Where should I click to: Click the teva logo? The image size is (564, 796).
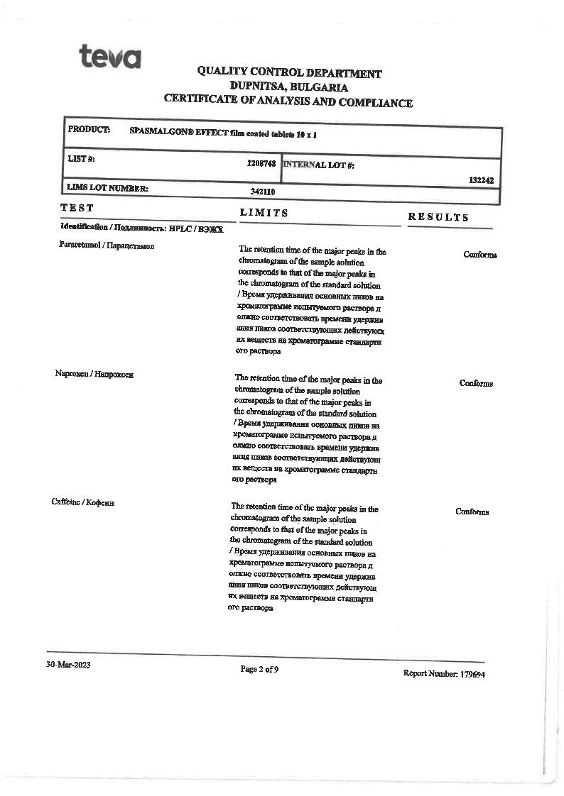[x=110, y=56]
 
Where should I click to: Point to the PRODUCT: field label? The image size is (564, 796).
[x=89, y=129]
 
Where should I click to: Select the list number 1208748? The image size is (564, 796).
[x=261, y=163]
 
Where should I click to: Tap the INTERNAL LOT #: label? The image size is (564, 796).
[x=319, y=165]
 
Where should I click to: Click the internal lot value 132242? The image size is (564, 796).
[x=481, y=180]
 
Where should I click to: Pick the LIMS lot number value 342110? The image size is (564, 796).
[x=263, y=192]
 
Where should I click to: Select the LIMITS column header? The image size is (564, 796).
[x=264, y=212]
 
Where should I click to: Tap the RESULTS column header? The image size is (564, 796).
[x=438, y=217]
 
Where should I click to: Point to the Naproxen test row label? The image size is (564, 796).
[x=94, y=374]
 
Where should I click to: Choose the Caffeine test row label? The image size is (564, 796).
[x=83, y=502]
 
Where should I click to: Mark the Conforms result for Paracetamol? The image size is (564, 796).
[x=480, y=255]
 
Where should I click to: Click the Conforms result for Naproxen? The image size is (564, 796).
[x=476, y=383]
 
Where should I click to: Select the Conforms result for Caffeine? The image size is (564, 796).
[x=472, y=512]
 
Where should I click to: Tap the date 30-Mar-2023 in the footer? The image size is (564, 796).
[x=68, y=665]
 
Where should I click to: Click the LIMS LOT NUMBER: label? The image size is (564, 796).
[x=107, y=188]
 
